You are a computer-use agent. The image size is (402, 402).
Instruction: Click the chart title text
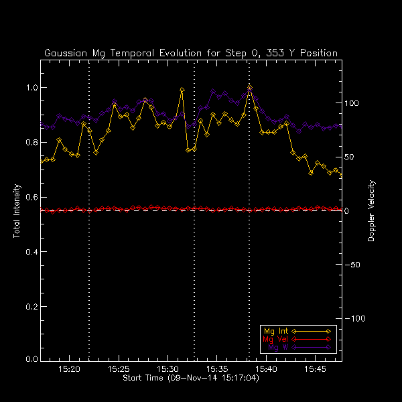tap(191, 53)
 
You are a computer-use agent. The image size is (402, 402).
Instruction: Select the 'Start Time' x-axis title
tap(191, 379)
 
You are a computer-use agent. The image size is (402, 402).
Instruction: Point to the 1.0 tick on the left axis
tap(29, 88)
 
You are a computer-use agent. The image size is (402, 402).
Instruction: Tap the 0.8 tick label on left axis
tap(29, 142)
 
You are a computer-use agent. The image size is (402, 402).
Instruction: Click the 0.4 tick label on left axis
tap(29, 251)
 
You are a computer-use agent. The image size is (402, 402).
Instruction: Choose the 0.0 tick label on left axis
tap(29, 360)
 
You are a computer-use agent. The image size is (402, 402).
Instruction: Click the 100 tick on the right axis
tap(352, 104)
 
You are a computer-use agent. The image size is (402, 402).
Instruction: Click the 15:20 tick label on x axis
tap(70, 369)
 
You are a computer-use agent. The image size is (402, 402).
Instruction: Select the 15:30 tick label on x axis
tap(168, 369)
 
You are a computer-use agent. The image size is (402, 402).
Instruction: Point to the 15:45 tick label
tap(315, 369)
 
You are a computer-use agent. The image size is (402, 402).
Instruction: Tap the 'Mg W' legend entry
tap(272, 347)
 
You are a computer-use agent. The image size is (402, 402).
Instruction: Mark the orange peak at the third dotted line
tap(249, 87)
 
